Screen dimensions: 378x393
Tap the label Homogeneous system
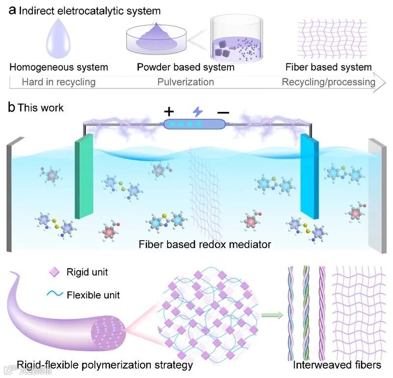tap(58, 67)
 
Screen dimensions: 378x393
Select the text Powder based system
tap(185, 67)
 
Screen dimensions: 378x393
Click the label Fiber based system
tap(328, 67)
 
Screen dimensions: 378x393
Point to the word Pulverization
tap(185, 82)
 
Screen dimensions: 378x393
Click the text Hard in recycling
tap(58, 82)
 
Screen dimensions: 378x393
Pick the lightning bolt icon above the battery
tap(197, 112)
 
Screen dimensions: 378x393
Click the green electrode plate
tap(84, 179)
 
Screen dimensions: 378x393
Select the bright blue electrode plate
tap(310, 179)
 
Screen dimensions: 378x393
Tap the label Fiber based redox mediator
tap(204, 244)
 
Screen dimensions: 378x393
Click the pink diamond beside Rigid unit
tap(56, 271)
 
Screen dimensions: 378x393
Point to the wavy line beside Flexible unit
tap(56, 295)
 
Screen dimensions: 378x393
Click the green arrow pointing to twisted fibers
tap(272, 314)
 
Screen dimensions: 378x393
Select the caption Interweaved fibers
tap(337, 365)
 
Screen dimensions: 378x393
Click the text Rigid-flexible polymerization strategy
tap(105, 365)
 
